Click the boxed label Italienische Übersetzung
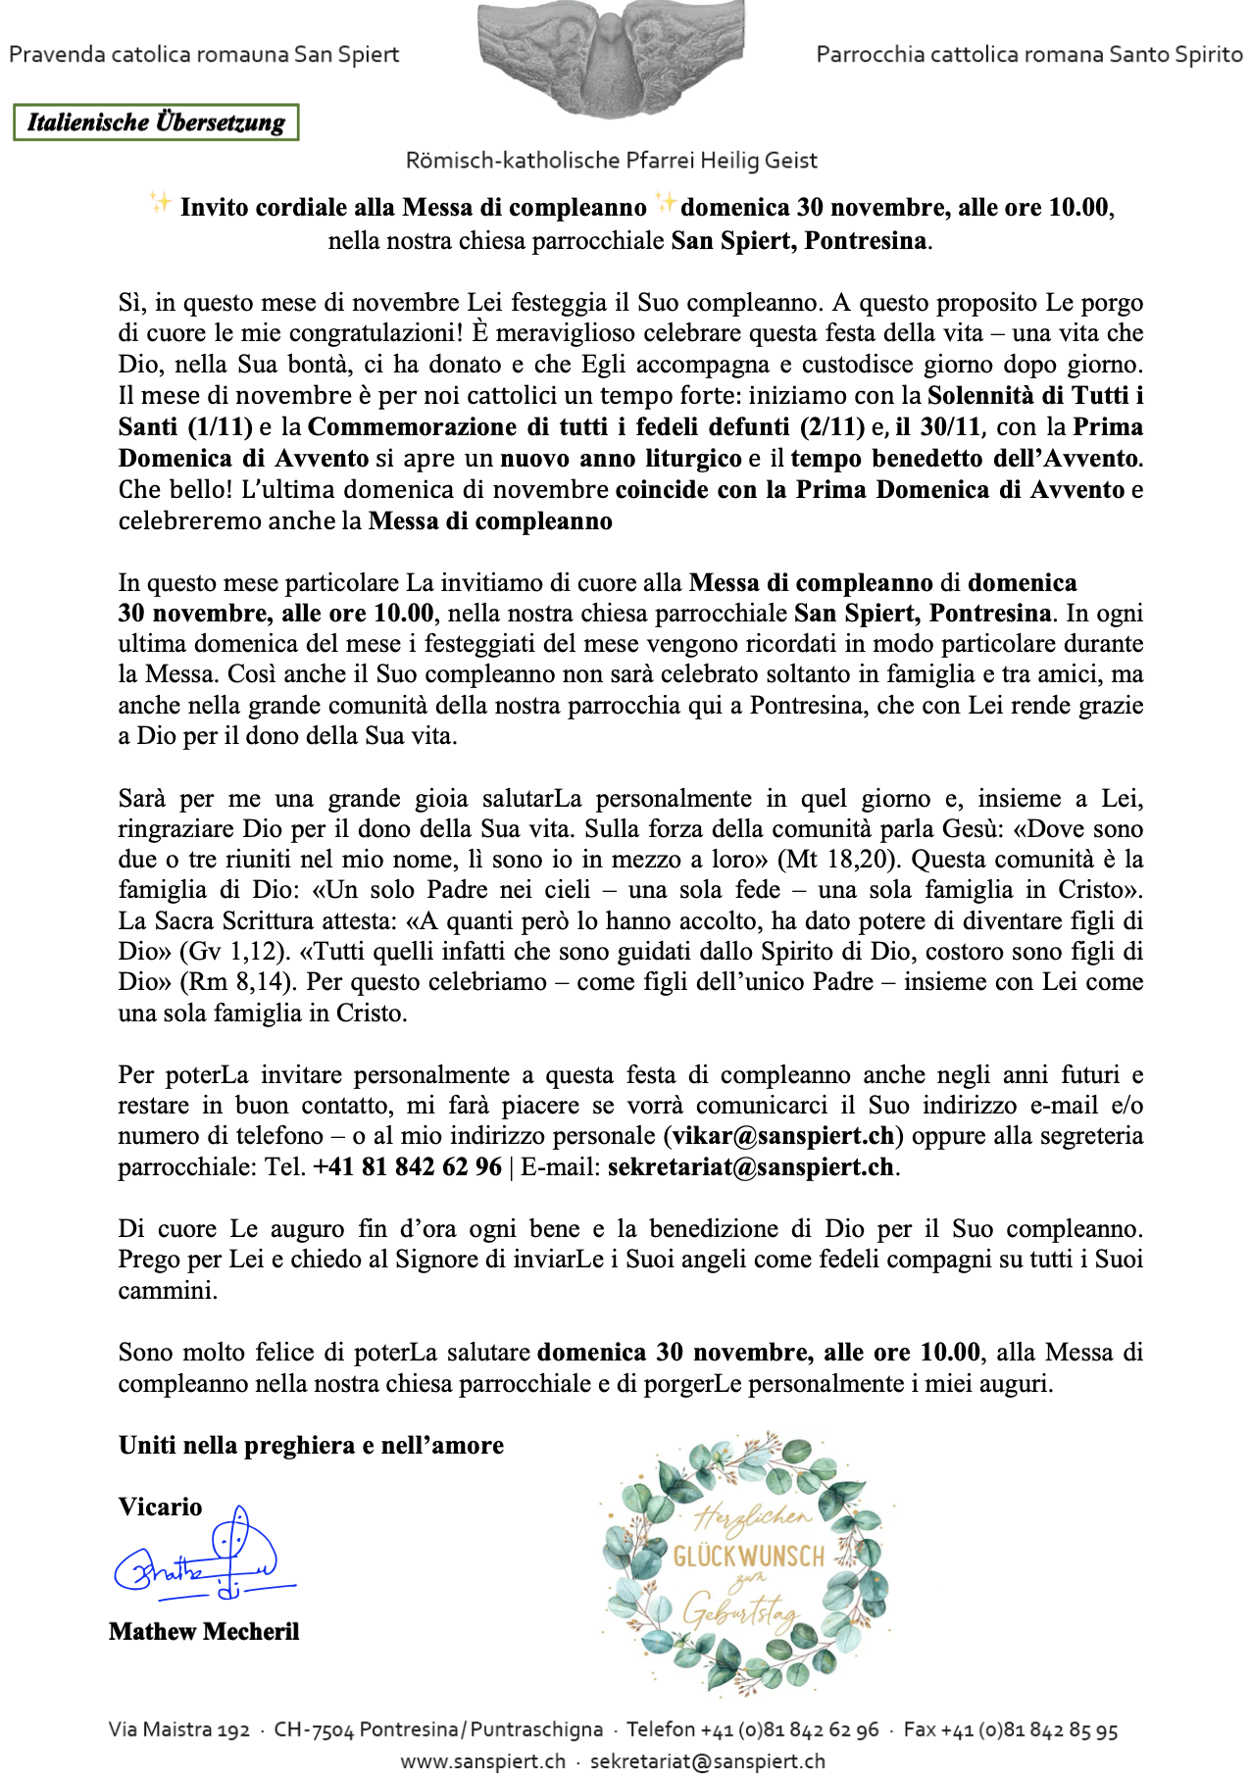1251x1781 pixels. click(156, 123)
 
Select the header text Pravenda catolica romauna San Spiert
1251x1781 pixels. click(204, 54)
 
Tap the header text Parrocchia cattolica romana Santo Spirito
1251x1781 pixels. click(1029, 54)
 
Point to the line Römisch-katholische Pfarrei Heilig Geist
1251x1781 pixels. click(611, 160)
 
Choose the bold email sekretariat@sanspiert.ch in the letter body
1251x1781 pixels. click(750, 1167)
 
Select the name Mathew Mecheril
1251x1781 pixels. click(204, 1632)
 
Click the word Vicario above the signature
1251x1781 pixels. click(160, 1508)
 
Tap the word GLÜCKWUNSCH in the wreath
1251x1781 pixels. click(748, 1557)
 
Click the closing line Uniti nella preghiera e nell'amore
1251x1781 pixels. click(311, 1446)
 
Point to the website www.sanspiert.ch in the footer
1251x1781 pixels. click(482, 1760)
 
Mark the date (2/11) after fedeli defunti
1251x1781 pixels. click(829, 427)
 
